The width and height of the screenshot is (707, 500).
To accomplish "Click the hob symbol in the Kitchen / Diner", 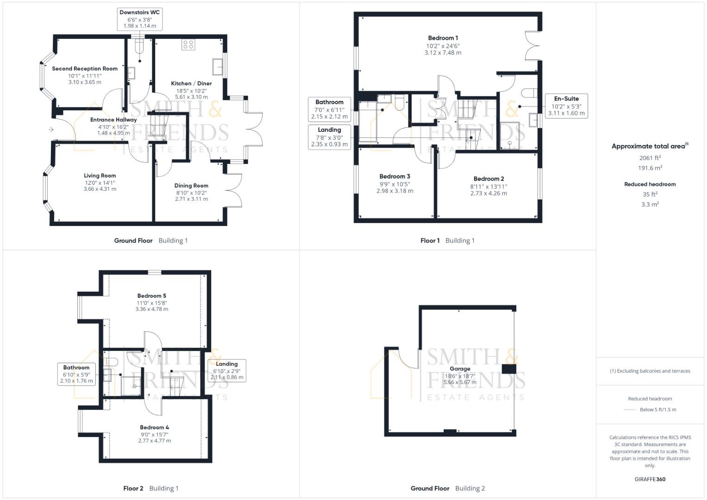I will pos(188,44).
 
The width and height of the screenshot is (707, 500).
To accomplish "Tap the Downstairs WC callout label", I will pos(139,19).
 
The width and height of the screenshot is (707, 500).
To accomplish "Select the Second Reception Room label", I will pos(85,69).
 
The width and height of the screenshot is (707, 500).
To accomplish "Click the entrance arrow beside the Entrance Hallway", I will pos(51,130).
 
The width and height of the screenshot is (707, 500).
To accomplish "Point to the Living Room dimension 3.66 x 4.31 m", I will pos(100,189).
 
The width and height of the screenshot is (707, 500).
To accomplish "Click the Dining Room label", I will pos(191,185).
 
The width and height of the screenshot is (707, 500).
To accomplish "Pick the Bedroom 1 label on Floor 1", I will pos(443,38).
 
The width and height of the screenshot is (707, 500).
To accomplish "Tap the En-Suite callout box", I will pos(566,106).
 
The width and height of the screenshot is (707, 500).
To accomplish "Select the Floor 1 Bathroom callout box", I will pos(329,109).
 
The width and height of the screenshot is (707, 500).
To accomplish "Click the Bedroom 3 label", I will pos(394,176).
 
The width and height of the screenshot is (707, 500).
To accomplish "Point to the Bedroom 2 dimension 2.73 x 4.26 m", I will pos(488,193).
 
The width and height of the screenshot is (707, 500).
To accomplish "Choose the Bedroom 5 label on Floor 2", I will pos(151,295).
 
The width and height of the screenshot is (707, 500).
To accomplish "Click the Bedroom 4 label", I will pos(154,427).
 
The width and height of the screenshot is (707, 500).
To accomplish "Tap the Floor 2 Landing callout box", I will pos(226,370).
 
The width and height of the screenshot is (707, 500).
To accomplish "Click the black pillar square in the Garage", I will pos(509,369).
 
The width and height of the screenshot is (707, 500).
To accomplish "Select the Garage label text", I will pos(459,369).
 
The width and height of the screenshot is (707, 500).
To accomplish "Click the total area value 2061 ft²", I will pos(650,158).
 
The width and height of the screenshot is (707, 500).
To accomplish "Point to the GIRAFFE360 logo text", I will pos(650,479).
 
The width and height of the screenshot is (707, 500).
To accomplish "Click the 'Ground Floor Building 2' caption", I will pos(447,488).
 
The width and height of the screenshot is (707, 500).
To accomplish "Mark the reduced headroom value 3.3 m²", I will pos(650,204).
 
